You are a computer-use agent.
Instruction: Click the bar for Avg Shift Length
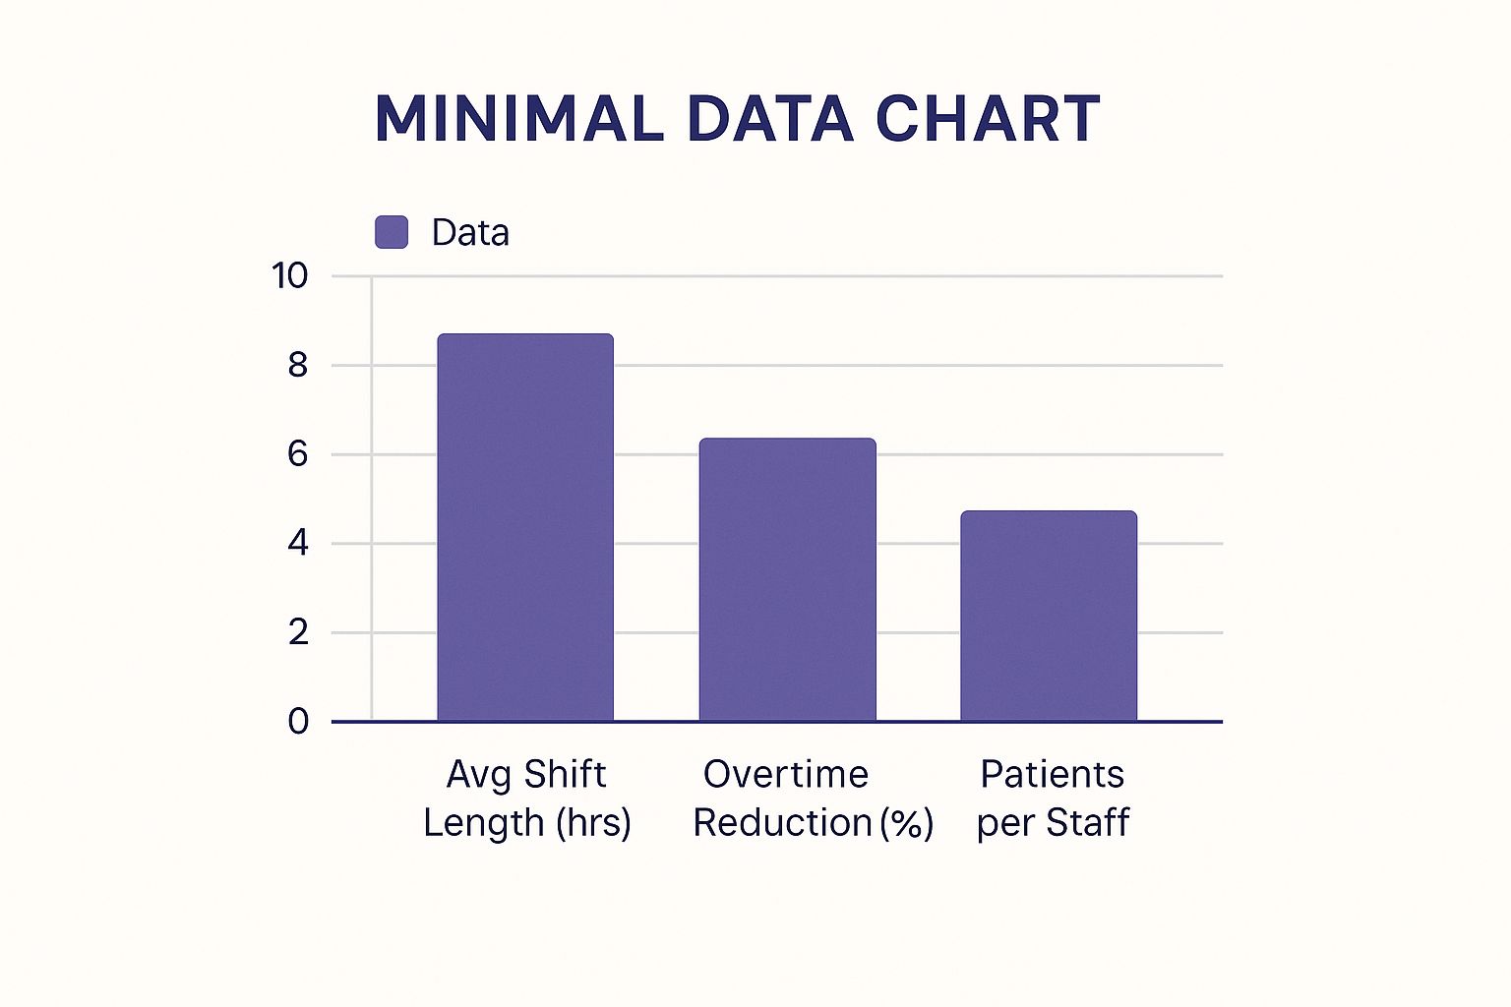coord(525,527)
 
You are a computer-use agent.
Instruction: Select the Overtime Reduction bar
coord(787,580)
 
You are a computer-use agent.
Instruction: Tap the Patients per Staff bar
coord(1049,616)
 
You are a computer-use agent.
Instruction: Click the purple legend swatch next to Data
coord(392,232)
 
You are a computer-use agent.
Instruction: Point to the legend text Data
coord(470,233)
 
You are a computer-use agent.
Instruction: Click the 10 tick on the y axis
coord(289,276)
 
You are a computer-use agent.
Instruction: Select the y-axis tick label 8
coord(297,365)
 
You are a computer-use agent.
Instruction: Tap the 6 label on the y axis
coord(297,454)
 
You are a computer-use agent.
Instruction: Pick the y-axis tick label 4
coord(297,543)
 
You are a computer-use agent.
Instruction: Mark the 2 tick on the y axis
coord(298,632)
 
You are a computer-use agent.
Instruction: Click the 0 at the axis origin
coord(298,721)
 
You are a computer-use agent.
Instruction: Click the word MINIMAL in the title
coord(519,119)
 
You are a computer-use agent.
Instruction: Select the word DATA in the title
coord(770,119)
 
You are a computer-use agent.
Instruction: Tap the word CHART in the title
coord(988,119)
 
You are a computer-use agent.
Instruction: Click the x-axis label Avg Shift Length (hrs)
coord(527,799)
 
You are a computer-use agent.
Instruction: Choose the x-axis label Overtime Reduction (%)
coord(813,799)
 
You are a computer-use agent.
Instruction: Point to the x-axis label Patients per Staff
coord(1053,799)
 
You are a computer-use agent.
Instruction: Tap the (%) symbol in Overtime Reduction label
coord(907,823)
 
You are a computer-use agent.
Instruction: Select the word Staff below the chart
coord(1088,822)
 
